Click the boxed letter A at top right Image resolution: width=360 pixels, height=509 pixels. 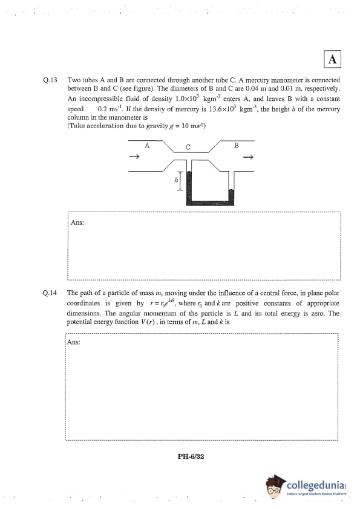[x=332, y=59]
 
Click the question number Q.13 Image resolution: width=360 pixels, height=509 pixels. [x=50, y=80]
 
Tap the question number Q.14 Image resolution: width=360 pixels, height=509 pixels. [x=50, y=293]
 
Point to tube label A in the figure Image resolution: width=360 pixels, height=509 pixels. [x=147, y=146]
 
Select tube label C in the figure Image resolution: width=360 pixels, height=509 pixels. [x=188, y=147]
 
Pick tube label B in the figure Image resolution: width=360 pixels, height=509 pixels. [x=236, y=146]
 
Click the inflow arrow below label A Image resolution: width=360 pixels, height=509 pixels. [x=134, y=157]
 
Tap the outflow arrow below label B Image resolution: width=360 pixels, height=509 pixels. [x=248, y=158]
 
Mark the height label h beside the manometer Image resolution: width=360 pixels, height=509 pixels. [x=176, y=180]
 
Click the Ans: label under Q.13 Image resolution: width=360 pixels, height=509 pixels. [x=77, y=222]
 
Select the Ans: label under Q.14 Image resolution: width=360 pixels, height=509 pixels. [x=74, y=342]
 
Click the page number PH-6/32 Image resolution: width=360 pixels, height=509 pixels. [x=191, y=456]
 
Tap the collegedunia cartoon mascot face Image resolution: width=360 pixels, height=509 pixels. [x=275, y=487]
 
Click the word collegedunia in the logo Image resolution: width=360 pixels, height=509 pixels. [x=315, y=485]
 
